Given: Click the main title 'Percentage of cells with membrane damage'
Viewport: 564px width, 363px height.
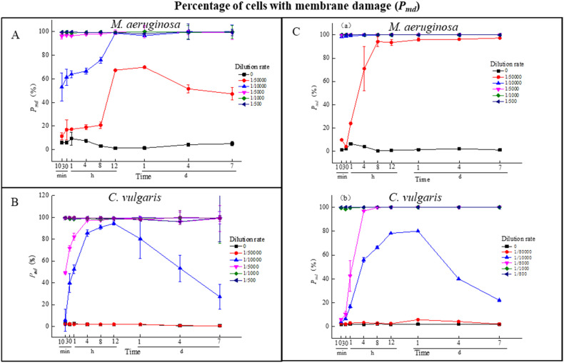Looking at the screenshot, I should pyautogui.click(x=282, y=7).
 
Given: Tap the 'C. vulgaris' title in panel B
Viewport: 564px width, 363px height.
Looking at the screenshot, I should pyautogui.click(x=135, y=197).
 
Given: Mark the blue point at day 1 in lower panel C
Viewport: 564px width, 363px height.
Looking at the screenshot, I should pyautogui.click(x=417, y=231).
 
